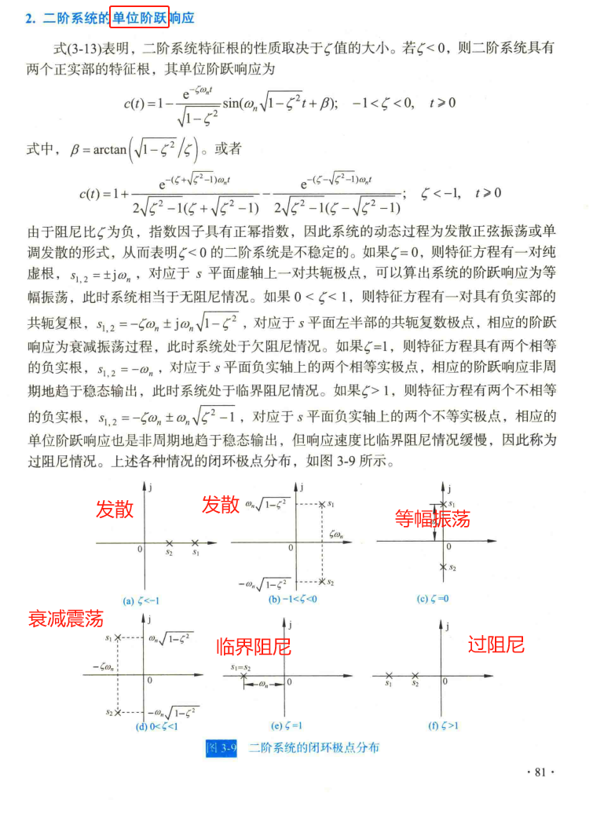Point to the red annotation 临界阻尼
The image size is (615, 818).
click(254, 648)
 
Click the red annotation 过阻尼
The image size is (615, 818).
click(496, 645)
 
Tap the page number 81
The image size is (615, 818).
click(540, 772)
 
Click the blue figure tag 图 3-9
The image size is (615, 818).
click(221, 747)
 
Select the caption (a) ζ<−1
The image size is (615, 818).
click(142, 601)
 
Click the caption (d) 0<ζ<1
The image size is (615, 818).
click(156, 726)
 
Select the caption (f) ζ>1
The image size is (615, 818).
click(445, 726)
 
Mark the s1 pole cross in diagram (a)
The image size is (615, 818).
click(196, 542)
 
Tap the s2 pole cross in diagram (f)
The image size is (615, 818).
click(415, 675)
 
